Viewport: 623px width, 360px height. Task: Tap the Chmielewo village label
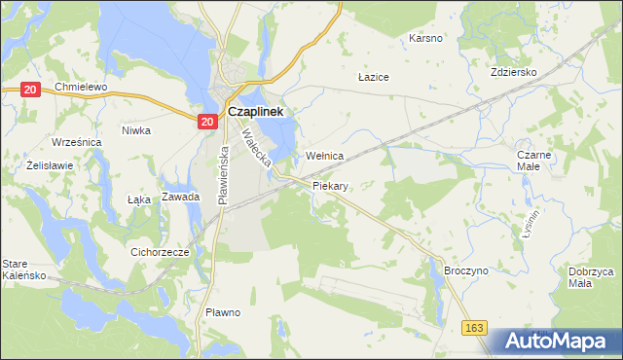pyautogui.click(x=80, y=87)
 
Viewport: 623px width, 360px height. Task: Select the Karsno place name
pyautogui.click(x=425, y=39)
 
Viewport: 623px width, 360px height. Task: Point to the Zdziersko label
pyautogui.click(x=515, y=72)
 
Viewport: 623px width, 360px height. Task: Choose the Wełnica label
pyautogui.click(x=325, y=156)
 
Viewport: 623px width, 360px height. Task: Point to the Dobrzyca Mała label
pyautogui.click(x=592, y=277)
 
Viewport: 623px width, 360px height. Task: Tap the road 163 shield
pyautogui.click(x=475, y=329)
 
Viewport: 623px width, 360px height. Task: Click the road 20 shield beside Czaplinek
pyautogui.click(x=206, y=122)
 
